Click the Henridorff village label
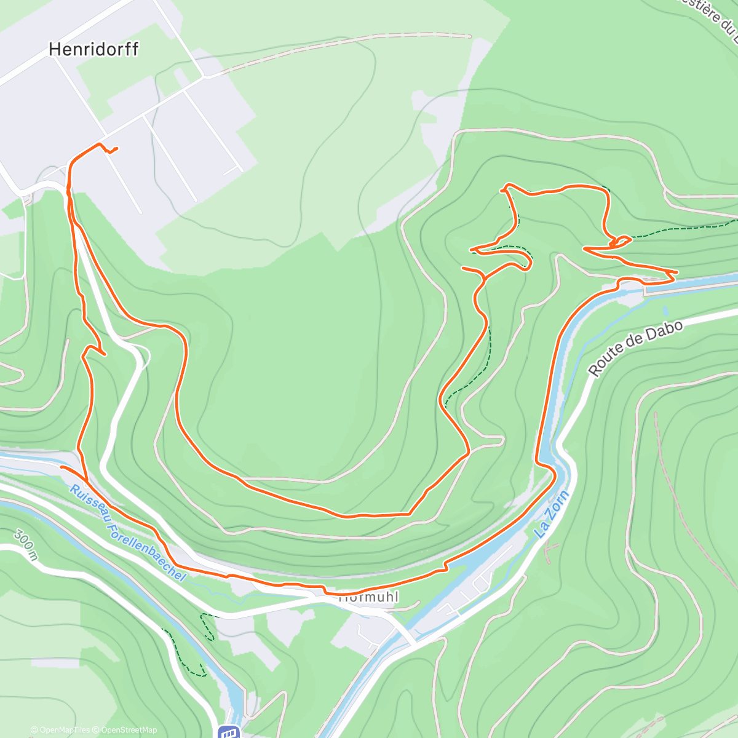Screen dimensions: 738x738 93,49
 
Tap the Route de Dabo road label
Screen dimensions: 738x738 635,348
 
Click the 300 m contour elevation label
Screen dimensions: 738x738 25,545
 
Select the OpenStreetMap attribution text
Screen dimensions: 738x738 129,730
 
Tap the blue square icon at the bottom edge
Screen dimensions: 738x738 229,732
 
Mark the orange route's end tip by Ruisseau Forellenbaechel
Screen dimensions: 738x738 61,467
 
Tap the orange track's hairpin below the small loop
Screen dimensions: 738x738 585,248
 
